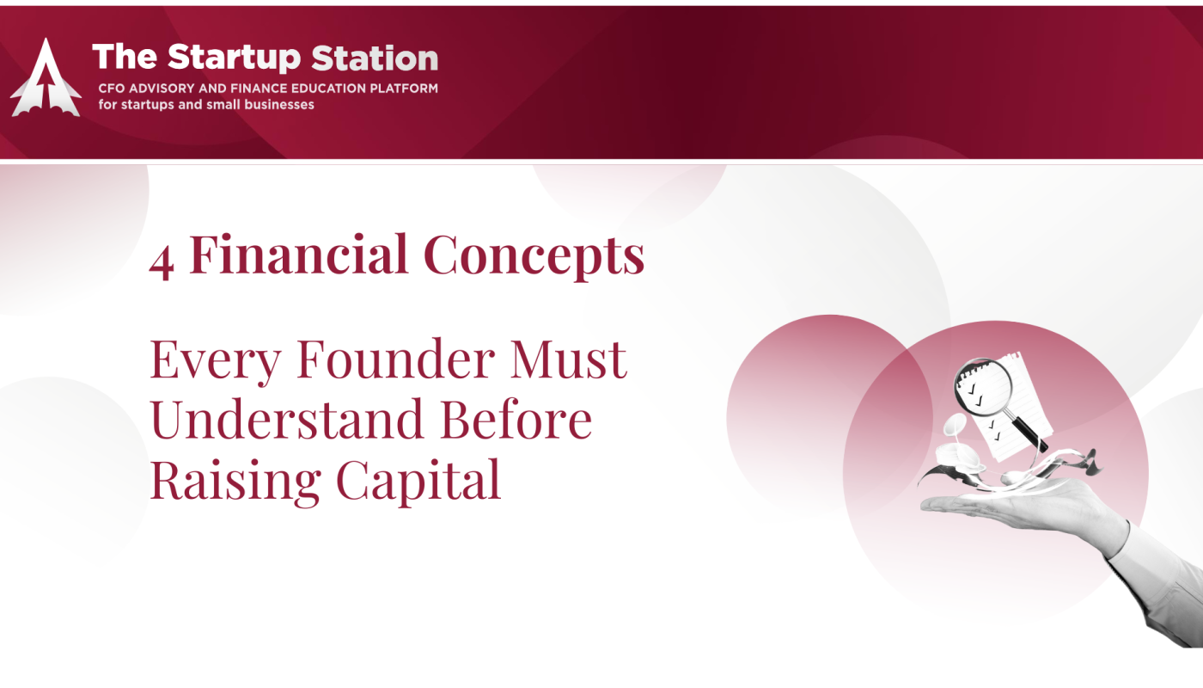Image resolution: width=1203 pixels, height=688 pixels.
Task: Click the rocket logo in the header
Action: click(46, 77)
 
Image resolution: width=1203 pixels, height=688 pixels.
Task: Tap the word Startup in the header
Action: click(234, 58)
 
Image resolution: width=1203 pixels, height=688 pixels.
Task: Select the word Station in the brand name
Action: click(375, 58)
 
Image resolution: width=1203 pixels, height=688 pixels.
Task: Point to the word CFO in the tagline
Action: click(111, 89)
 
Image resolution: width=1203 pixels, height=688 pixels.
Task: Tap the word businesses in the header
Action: click(278, 104)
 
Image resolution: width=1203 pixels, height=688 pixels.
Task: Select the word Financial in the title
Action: click(299, 254)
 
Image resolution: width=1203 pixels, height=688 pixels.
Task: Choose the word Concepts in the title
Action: click(534, 256)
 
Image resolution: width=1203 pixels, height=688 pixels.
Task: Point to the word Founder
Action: click(395, 358)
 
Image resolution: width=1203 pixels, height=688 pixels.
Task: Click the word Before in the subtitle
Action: click(516, 419)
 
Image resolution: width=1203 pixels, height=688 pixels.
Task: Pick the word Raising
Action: click(235, 481)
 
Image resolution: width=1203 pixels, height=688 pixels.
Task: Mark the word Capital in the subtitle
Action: click(418, 481)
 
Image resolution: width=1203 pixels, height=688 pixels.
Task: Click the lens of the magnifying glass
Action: click(983, 387)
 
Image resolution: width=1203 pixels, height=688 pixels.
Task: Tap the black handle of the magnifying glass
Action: click(1029, 434)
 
